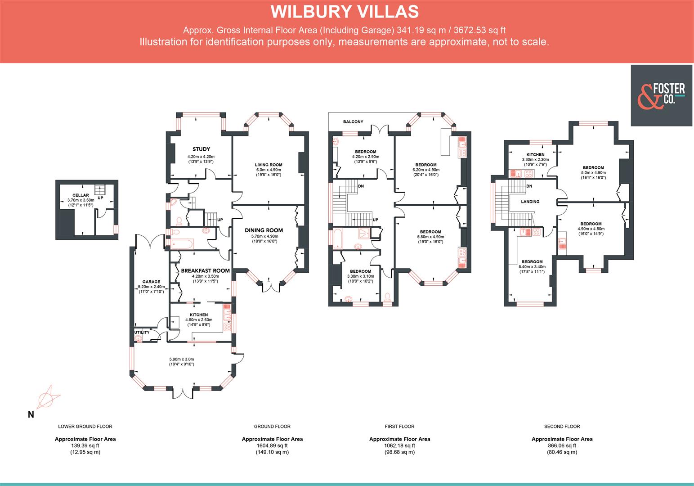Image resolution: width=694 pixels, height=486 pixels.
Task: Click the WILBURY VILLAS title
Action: point(345,12)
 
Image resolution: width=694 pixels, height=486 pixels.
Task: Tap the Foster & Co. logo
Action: point(662,95)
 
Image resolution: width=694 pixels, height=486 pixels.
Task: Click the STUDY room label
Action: point(201,149)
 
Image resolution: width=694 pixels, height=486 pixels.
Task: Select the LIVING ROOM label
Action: point(269,165)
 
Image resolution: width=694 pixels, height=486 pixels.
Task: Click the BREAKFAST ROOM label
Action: point(205,271)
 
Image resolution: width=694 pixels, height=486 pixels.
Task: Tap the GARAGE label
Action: point(152,282)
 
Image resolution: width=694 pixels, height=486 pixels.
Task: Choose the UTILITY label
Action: point(142,333)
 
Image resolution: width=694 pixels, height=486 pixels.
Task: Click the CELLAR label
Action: point(81,195)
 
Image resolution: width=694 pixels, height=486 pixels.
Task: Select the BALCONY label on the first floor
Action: point(353,122)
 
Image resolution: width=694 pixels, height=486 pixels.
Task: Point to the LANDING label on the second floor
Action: point(530,202)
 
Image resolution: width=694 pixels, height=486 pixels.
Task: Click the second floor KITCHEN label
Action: point(535,154)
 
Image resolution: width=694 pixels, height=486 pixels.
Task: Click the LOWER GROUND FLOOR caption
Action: point(85,426)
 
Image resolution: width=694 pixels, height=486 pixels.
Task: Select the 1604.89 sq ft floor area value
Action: point(272,445)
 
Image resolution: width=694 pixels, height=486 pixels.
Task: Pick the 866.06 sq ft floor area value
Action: point(562,445)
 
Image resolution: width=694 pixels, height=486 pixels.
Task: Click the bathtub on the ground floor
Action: point(182,244)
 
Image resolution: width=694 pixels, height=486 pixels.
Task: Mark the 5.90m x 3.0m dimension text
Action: point(182,359)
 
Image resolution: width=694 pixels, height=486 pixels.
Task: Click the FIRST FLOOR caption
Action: point(399,426)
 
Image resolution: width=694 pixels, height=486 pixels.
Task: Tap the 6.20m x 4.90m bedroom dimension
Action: point(425,170)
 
